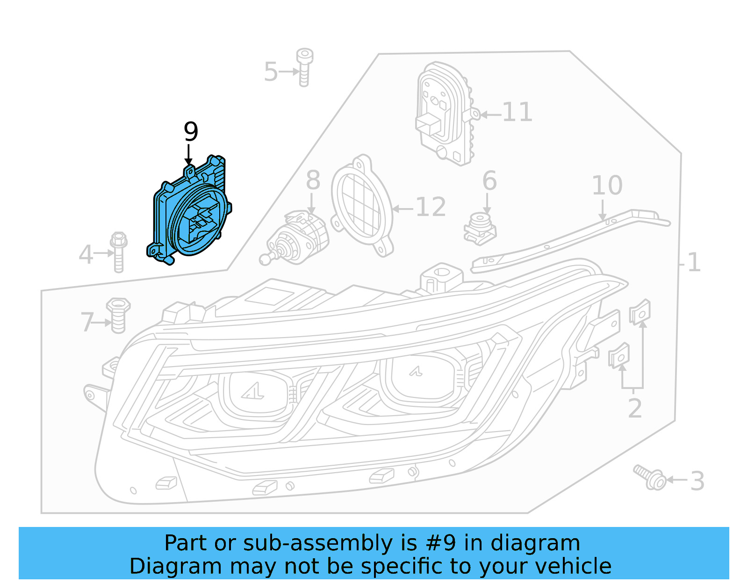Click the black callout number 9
[x=191, y=132]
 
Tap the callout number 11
[x=517, y=113]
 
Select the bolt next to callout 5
[x=304, y=68]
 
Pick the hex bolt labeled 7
[x=118, y=316]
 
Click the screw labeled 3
[x=650, y=477]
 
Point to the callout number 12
[x=431, y=207]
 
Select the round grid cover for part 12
[x=361, y=206]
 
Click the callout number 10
[x=607, y=186]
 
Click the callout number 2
[x=634, y=409]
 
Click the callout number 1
[x=694, y=262]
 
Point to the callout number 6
[x=489, y=181]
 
